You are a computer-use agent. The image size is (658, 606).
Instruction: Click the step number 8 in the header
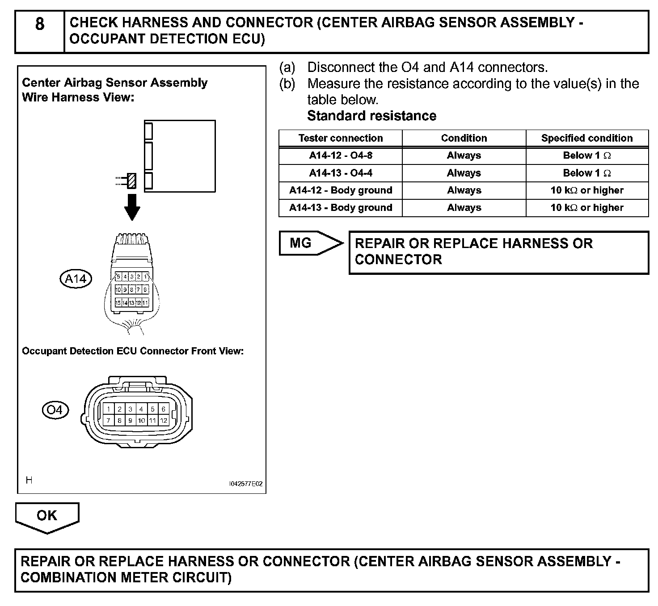(x=40, y=24)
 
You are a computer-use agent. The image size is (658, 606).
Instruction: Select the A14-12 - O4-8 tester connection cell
(x=341, y=156)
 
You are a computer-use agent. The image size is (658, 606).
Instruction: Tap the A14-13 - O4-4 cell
(x=341, y=173)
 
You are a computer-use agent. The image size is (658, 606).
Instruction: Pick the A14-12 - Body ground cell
(x=341, y=190)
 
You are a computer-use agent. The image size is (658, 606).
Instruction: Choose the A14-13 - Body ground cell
(x=341, y=208)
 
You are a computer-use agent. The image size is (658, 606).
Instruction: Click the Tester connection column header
(x=341, y=138)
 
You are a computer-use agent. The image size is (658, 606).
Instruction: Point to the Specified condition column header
(x=587, y=138)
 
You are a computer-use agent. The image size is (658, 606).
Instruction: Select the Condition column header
(x=464, y=138)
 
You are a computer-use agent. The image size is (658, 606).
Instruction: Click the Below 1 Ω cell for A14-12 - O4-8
(x=587, y=156)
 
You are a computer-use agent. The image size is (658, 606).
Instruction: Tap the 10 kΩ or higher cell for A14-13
(x=587, y=208)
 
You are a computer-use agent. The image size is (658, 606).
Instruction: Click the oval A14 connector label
(x=76, y=279)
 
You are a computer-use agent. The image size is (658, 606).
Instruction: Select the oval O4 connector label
(x=55, y=410)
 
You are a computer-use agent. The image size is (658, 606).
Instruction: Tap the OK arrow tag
(x=47, y=516)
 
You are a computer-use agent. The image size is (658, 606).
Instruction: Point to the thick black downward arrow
(x=132, y=206)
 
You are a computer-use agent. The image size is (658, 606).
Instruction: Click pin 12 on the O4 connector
(x=164, y=421)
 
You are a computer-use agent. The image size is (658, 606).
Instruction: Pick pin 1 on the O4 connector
(x=109, y=409)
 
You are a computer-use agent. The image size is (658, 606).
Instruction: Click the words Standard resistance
(x=371, y=116)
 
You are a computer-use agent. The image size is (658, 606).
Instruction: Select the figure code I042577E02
(x=245, y=484)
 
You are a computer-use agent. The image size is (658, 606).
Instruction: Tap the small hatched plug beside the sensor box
(x=132, y=181)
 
